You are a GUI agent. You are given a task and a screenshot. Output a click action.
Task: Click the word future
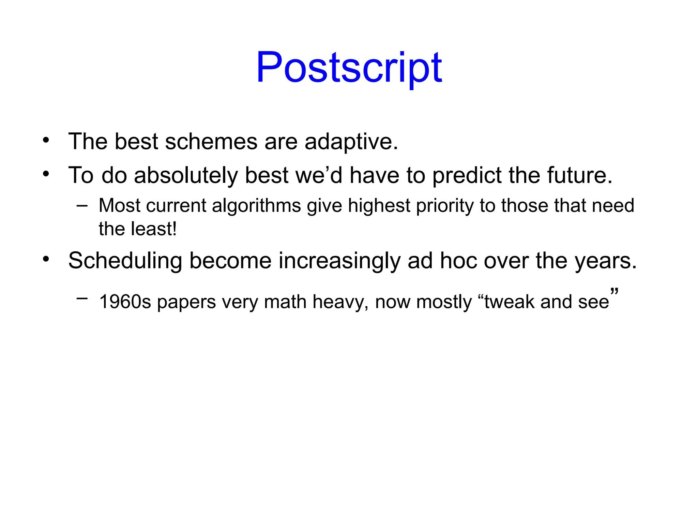579,175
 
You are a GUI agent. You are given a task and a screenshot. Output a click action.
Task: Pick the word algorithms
256,206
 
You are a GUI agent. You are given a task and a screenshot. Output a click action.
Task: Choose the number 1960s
125,302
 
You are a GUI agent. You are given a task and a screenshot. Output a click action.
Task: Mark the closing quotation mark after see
614,292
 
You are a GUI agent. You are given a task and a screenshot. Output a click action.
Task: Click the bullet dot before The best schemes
46,140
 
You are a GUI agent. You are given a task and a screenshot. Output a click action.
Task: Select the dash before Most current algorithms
82,206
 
